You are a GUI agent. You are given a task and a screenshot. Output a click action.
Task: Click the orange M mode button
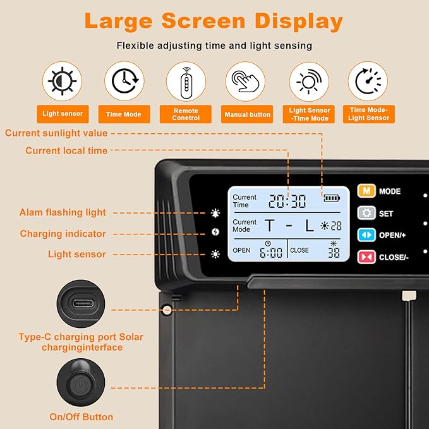pyautogui.click(x=366, y=191)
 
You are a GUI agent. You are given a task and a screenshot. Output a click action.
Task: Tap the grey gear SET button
pyautogui.click(x=366, y=213)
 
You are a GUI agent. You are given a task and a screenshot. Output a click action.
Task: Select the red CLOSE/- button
pyautogui.click(x=366, y=257)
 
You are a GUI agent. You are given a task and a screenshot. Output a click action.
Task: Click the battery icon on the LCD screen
pyautogui.click(x=332, y=198)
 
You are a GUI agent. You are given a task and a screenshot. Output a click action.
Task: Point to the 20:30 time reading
pyautogui.click(x=287, y=201)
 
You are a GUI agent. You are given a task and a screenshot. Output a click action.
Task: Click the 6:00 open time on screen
pyautogui.click(x=271, y=252)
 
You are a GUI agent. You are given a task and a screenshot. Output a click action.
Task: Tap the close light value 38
pyautogui.click(x=334, y=253)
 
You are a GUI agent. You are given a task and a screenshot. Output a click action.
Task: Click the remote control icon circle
pyautogui.click(x=186, y=82)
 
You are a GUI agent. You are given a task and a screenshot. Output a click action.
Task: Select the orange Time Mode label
pyautogui.click(x=124, y=114)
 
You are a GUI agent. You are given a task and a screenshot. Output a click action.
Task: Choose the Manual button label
pyautogui.click(x=247, y=114)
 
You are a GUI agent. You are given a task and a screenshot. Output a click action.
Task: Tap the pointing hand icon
pyautogui.click(x=245, y=82)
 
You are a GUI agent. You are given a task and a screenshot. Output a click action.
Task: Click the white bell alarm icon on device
pyautogui.click(x=215, y=213)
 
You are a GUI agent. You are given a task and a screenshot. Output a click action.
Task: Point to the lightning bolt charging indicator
pyautogui.click(x=215, y=232)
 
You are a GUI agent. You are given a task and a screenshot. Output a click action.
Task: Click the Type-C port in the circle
pyautogui.click(x=83, y=303)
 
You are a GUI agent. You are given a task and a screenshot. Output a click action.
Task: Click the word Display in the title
pyautogui.click(x=298, y=21)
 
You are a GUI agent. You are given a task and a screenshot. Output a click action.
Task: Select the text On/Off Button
pyautogui.click(x=82, y=417)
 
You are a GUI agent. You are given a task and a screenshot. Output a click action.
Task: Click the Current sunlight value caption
pyautogui.click(x=56, y=133)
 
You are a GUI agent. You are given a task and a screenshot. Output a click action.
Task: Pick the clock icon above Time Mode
pyautogui.click(x=124, y=81)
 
